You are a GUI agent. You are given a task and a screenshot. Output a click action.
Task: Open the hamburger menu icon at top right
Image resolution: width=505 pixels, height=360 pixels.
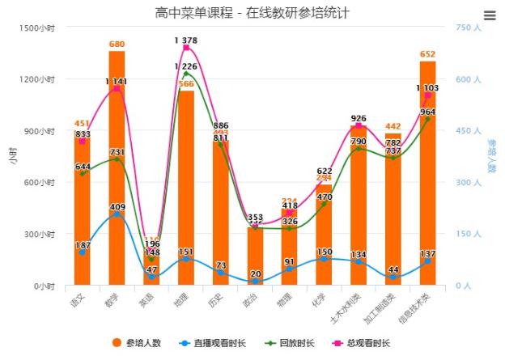(489, 15)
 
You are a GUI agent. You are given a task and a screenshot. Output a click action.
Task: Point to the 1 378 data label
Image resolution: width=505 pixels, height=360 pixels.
(185, 40)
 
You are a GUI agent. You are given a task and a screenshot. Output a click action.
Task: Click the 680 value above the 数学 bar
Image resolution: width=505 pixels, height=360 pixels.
(117, 44)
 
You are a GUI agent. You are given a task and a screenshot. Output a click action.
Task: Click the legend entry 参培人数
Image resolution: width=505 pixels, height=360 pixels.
(138, 343)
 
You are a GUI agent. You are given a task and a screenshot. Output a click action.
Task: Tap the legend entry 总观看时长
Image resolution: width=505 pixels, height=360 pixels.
(362, 343)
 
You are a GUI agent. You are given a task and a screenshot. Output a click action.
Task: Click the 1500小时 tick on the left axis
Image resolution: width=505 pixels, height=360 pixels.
(37, 28)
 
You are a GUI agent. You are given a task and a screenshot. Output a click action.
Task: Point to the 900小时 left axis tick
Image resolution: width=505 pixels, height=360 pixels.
(40, 131)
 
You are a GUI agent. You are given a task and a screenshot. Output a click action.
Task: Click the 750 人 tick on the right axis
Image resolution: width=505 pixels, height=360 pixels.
(469, 28)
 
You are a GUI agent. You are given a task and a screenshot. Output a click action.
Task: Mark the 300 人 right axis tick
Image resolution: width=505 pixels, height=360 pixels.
(469, 183)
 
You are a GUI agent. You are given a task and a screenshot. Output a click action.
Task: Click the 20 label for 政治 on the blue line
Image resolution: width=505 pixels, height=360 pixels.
(256, 273)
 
